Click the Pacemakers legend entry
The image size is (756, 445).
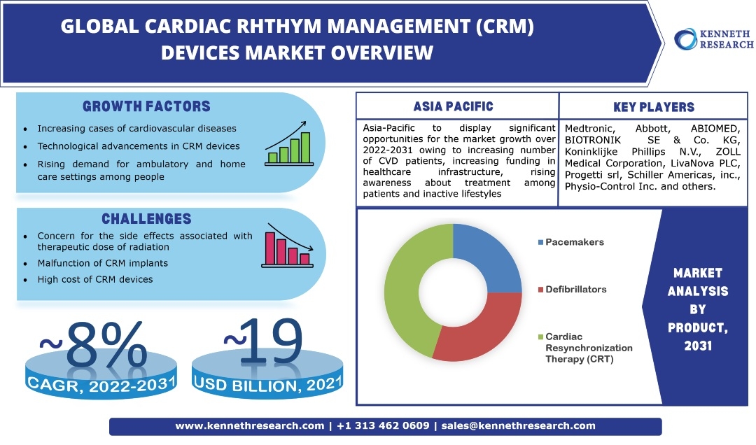click(x=570, y=242)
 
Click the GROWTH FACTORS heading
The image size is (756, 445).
click(x=146, y=107)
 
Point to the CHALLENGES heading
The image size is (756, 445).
click(x=146, y=219)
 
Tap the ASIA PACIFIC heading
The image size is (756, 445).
click(x=453, y=107)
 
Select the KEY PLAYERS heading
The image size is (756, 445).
click(x=653, y=107)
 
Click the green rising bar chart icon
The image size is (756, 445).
click(x=288, y=143)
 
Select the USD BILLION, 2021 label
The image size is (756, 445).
click(x=269, y=383)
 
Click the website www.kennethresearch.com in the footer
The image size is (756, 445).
click(x=249, y=425)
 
